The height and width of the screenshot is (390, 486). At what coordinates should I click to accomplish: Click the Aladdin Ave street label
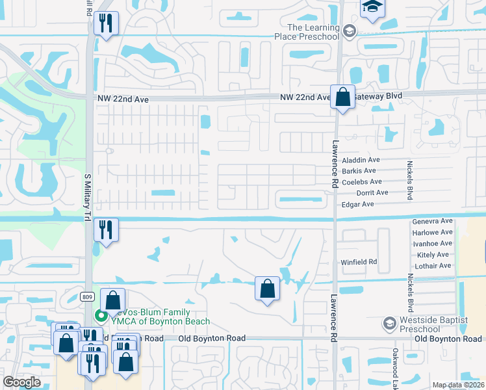point(361,160)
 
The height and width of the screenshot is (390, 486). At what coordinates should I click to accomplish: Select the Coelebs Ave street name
point(361,182)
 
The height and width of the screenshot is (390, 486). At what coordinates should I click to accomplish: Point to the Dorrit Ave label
point(372,193)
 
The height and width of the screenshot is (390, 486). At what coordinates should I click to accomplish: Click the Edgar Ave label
point(357,204)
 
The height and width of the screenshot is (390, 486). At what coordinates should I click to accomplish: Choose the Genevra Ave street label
point(432,222)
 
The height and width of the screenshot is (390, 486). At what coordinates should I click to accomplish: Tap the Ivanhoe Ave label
point(432,244)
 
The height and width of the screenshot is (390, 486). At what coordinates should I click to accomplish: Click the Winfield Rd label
point(359,263)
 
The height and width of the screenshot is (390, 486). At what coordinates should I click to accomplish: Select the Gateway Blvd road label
point(378,96)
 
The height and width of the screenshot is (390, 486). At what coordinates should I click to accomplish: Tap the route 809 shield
point(88,296)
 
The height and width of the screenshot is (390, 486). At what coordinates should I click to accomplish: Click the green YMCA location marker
point(101,317)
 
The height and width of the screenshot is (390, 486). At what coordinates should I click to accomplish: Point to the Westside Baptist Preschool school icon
point(389,323)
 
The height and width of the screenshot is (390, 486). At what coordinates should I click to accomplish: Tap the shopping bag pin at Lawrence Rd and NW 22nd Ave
point(342,97)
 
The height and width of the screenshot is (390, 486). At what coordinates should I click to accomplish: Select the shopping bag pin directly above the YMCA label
point(112,300)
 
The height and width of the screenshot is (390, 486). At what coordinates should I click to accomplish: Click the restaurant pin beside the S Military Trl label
point(105,229)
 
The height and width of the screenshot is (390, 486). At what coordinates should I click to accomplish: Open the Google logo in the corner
point(22,382)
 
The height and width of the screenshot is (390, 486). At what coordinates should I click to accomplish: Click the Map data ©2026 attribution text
point(458,385)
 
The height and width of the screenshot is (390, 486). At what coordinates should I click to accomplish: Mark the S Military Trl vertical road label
point(87,194)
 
